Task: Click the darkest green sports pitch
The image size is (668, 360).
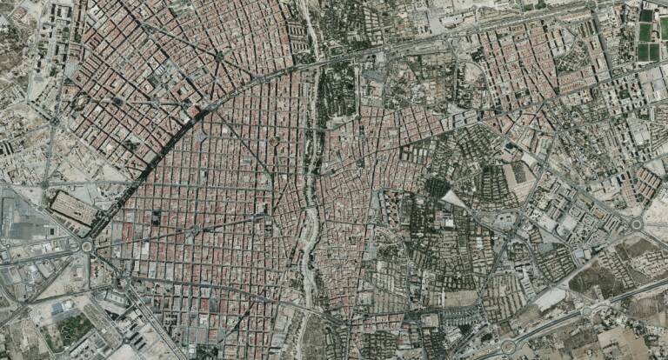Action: [645, 33]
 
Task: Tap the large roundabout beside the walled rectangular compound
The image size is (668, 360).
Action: [86, 246]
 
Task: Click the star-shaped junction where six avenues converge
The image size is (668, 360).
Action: [219, 57]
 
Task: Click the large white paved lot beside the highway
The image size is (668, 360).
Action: [549, 299]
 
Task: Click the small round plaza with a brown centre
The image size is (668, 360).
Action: [273, 140]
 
